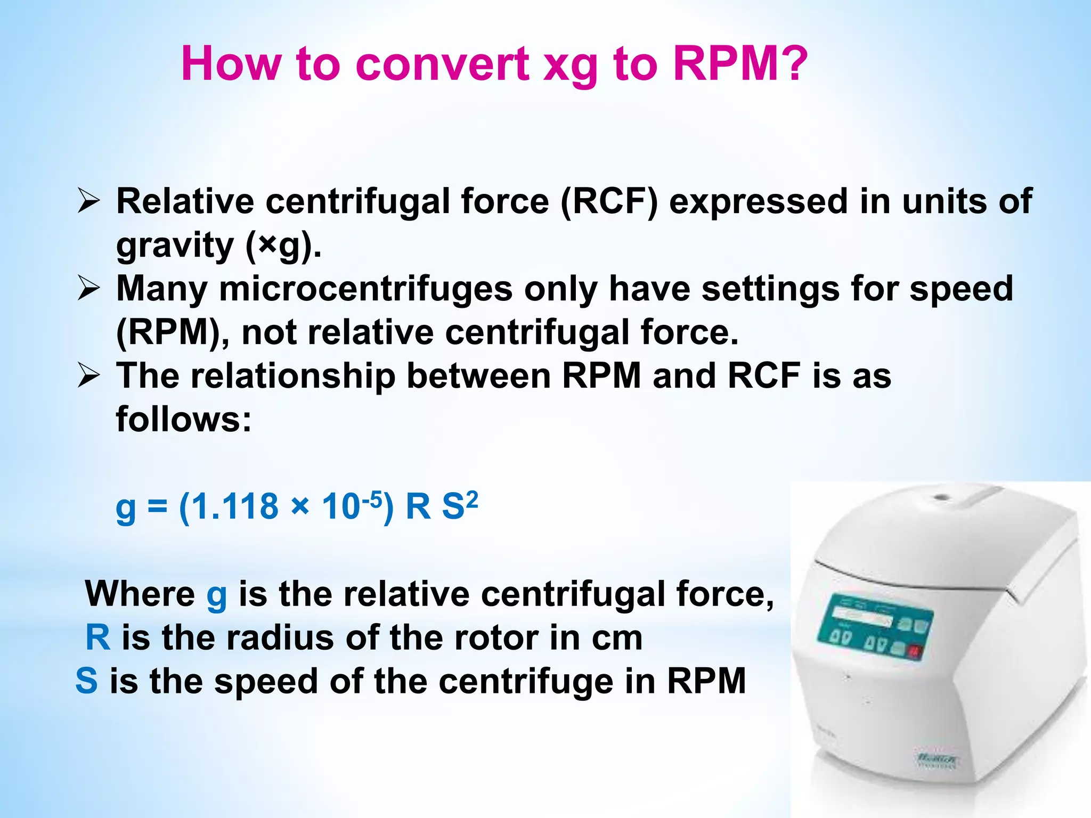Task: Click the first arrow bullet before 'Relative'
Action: pos(88,202)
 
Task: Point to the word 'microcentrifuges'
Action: pos(365,289)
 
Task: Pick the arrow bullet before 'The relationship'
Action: pos(88,375)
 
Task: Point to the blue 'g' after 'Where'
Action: pos(216,595)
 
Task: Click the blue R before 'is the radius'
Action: pos(98,637)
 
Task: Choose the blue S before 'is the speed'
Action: pos(87,681)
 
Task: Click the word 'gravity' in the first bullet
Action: pos(175,247)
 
